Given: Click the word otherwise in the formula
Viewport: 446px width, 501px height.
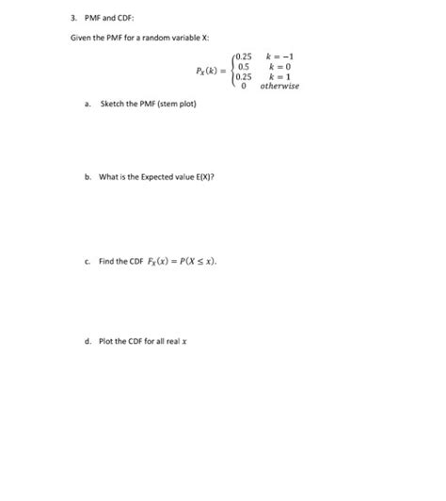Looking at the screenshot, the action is pyautogui.click(x=279, y=86).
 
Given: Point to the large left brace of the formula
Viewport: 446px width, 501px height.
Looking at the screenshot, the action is pyautogui.click(x=232, y=71).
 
